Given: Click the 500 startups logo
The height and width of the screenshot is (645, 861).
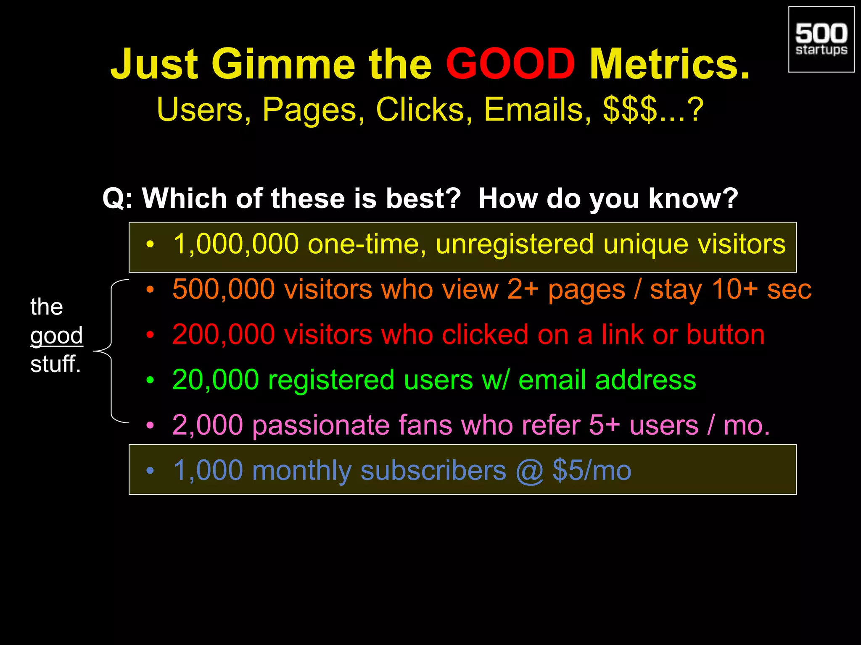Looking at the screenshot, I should pos(821,39).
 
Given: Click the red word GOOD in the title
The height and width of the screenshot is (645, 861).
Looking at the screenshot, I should pos(510,64).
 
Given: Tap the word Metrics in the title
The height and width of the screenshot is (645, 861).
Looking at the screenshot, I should pos(669,64).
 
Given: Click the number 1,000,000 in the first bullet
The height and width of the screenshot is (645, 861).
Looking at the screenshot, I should pos(236,244).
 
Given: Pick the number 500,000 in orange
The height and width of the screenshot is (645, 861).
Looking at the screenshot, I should pos(223,289).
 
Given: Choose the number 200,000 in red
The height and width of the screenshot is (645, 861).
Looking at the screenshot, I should pos(223,335).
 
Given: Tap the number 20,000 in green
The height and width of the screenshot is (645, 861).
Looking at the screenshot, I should pos(215,380).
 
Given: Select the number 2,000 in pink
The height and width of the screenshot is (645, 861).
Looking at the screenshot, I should pos(207,425).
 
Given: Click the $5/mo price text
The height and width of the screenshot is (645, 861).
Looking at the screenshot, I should pos(592,470).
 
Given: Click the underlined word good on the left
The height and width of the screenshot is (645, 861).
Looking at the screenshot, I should pos(57,336).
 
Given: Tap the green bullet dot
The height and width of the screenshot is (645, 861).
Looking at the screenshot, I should pos(150,380).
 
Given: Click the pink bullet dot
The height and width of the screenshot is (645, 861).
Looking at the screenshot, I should pos(150,425).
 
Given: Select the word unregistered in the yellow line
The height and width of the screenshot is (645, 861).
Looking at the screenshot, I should pos(515,245).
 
